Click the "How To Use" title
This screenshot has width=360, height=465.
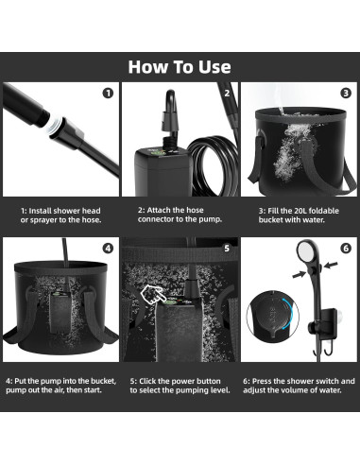click(x=180, y=67)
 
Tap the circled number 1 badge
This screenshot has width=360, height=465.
click(x=108, y=94)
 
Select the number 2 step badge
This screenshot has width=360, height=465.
click(x=227, y=94)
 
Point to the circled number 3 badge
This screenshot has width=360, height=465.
click(x=346, y=93)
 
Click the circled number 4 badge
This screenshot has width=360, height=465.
click(x=108, y=249)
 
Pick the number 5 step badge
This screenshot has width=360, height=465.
click(x=227, y=249)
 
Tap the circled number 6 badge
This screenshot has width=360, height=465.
click(x=346, y=249)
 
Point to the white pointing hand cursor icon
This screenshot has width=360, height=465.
click(x=152, y=295)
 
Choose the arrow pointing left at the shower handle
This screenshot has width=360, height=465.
click(x=331, y=265)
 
